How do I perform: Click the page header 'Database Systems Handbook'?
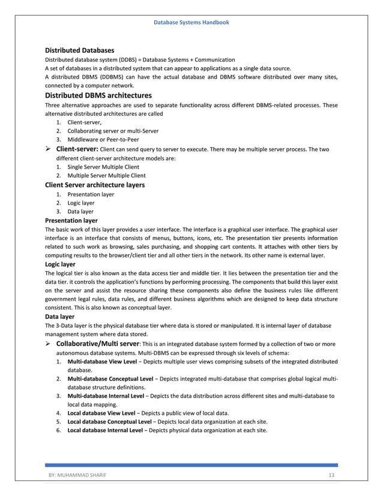[191, 22]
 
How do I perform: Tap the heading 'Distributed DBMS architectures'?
[98, 95]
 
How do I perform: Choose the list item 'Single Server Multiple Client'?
[103, 167]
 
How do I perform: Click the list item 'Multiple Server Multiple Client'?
[106, 176]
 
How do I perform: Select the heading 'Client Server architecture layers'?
[95, 185]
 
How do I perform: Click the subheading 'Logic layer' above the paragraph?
[61, 264]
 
